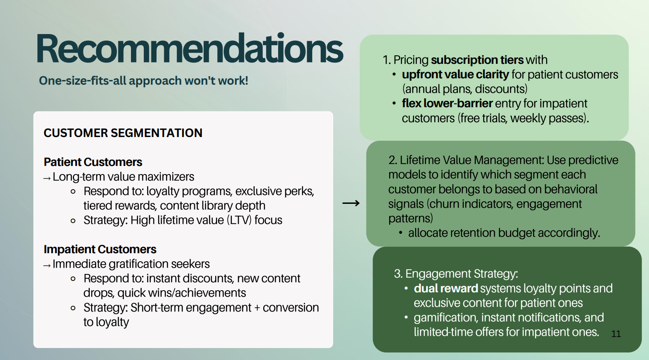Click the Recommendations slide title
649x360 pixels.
tap(190, 49)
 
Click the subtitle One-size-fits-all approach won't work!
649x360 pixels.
tap(143, 80)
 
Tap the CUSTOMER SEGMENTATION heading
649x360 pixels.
tap(123, 133)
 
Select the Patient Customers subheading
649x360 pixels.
tap(93, 162)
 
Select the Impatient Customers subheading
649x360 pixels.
tap(100, 249)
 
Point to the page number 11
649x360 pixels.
tap(616, 334)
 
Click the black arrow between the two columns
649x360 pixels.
tap(351, 203)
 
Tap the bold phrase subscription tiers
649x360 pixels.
tap(477, 60)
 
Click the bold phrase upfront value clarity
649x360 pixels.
tap(455, 74)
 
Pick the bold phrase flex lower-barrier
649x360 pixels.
tap(447, 103)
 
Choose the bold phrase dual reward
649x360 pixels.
tap(446, 289)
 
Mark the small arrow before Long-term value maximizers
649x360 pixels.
tap(47, 178)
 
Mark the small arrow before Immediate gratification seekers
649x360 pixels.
tap(47, 266)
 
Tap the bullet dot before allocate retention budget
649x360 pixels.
tap(401, 233)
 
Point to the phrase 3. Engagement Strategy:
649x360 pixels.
tap(455, 274)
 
